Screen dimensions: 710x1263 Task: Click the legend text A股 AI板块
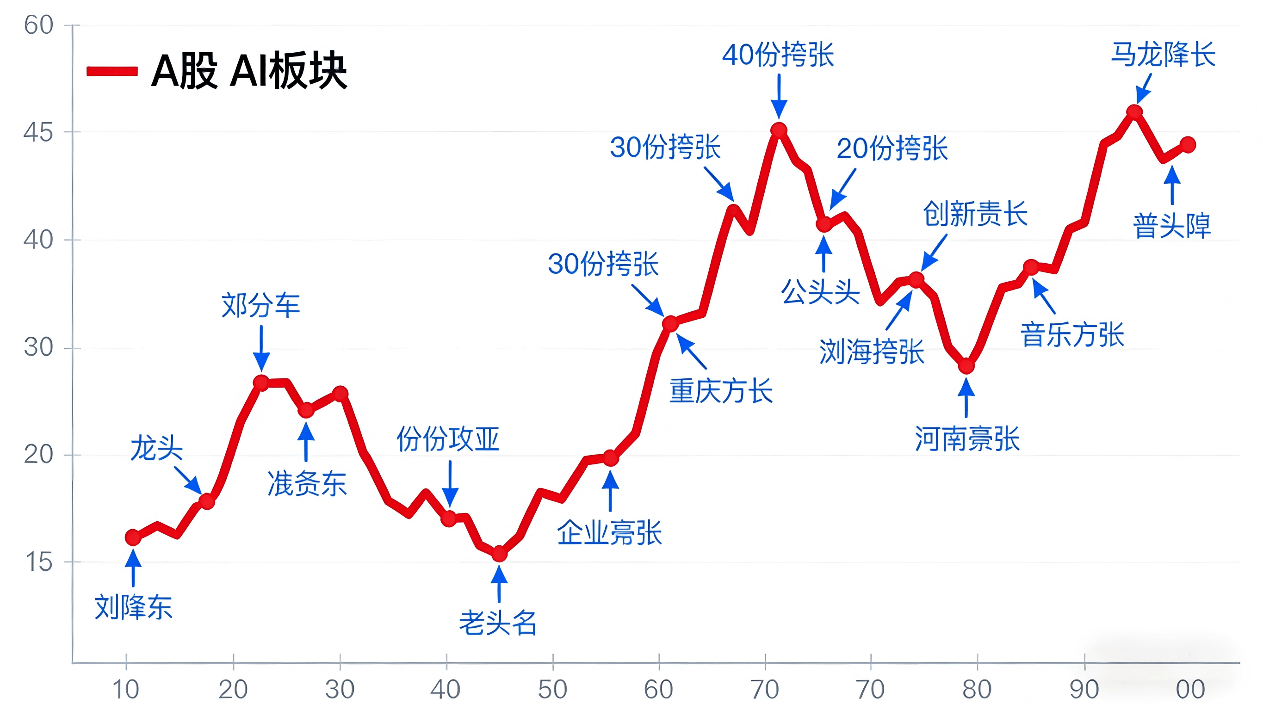click(x=249, y=71)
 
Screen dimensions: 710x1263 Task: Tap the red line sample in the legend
click(x=112, y=72)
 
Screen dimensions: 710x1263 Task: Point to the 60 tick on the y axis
click(x=38, y=25)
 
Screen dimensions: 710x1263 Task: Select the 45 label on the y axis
click(x=38, y=132)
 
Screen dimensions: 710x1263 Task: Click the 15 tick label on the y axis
click(x=38, y=562)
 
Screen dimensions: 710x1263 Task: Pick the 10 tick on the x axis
click(x=126, y=689)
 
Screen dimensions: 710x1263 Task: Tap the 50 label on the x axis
click(x=552, y=689)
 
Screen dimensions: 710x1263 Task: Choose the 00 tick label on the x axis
click(x=1190, y=689)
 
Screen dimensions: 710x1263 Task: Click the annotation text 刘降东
click(x=133, y=607)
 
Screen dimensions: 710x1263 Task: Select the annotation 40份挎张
click(x=778, y=55)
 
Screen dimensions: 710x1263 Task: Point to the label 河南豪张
click(x=967, y=438)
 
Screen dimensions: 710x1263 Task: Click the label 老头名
click(x=498, y=623)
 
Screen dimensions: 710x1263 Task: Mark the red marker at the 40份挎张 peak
click(x=779, y=130)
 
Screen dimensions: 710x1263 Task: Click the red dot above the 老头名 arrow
click(x=499, y=554)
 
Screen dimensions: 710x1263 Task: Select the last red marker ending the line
click(x=1188, y=145)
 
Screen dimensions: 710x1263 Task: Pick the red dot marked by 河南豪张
click(x=966, y=366)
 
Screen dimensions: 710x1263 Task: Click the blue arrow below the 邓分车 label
click(x=261, y=349)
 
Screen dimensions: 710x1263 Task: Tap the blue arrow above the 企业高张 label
click(x=610, y=490)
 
